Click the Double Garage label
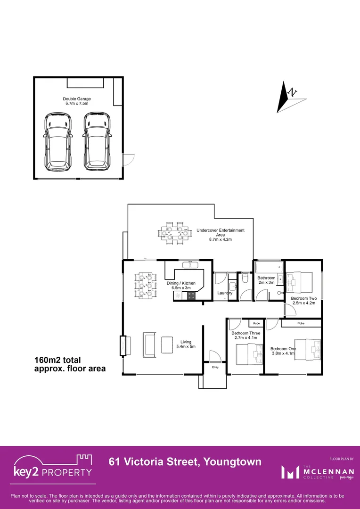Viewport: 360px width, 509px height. [77, 101]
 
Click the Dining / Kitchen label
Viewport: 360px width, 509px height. [181, 285]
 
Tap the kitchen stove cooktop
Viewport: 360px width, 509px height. [192, 296]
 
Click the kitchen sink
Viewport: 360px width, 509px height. [190, 264]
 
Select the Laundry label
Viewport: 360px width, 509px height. [225, 293]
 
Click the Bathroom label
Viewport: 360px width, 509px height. [266, 280]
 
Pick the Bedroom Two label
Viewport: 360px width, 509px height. [303, 301]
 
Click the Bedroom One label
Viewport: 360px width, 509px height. [283, 351]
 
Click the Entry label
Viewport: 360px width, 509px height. [215, 367]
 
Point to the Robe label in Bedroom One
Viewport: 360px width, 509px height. [301, 324]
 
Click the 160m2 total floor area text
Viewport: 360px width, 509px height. [70, 364]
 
